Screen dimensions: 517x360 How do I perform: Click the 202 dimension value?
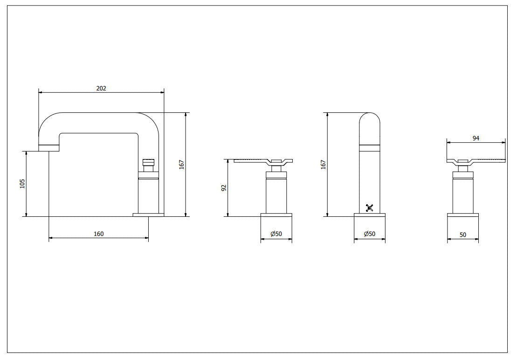pos(101,88)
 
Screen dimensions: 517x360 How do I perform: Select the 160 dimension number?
pos(98,234)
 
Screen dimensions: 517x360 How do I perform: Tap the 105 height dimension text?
pos(22,184)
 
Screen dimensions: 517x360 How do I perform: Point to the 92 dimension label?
pos(224,188)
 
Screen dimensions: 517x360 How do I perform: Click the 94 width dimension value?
pos(476,138)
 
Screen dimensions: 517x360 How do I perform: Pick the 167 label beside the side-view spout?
pos(182,165)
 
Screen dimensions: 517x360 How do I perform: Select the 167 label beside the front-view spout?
pos(323,165)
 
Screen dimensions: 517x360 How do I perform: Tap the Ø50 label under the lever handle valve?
pos(276,234)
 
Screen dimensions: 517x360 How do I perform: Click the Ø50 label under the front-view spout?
pos(370,234)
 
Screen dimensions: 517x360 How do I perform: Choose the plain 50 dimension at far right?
pos(463,235)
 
